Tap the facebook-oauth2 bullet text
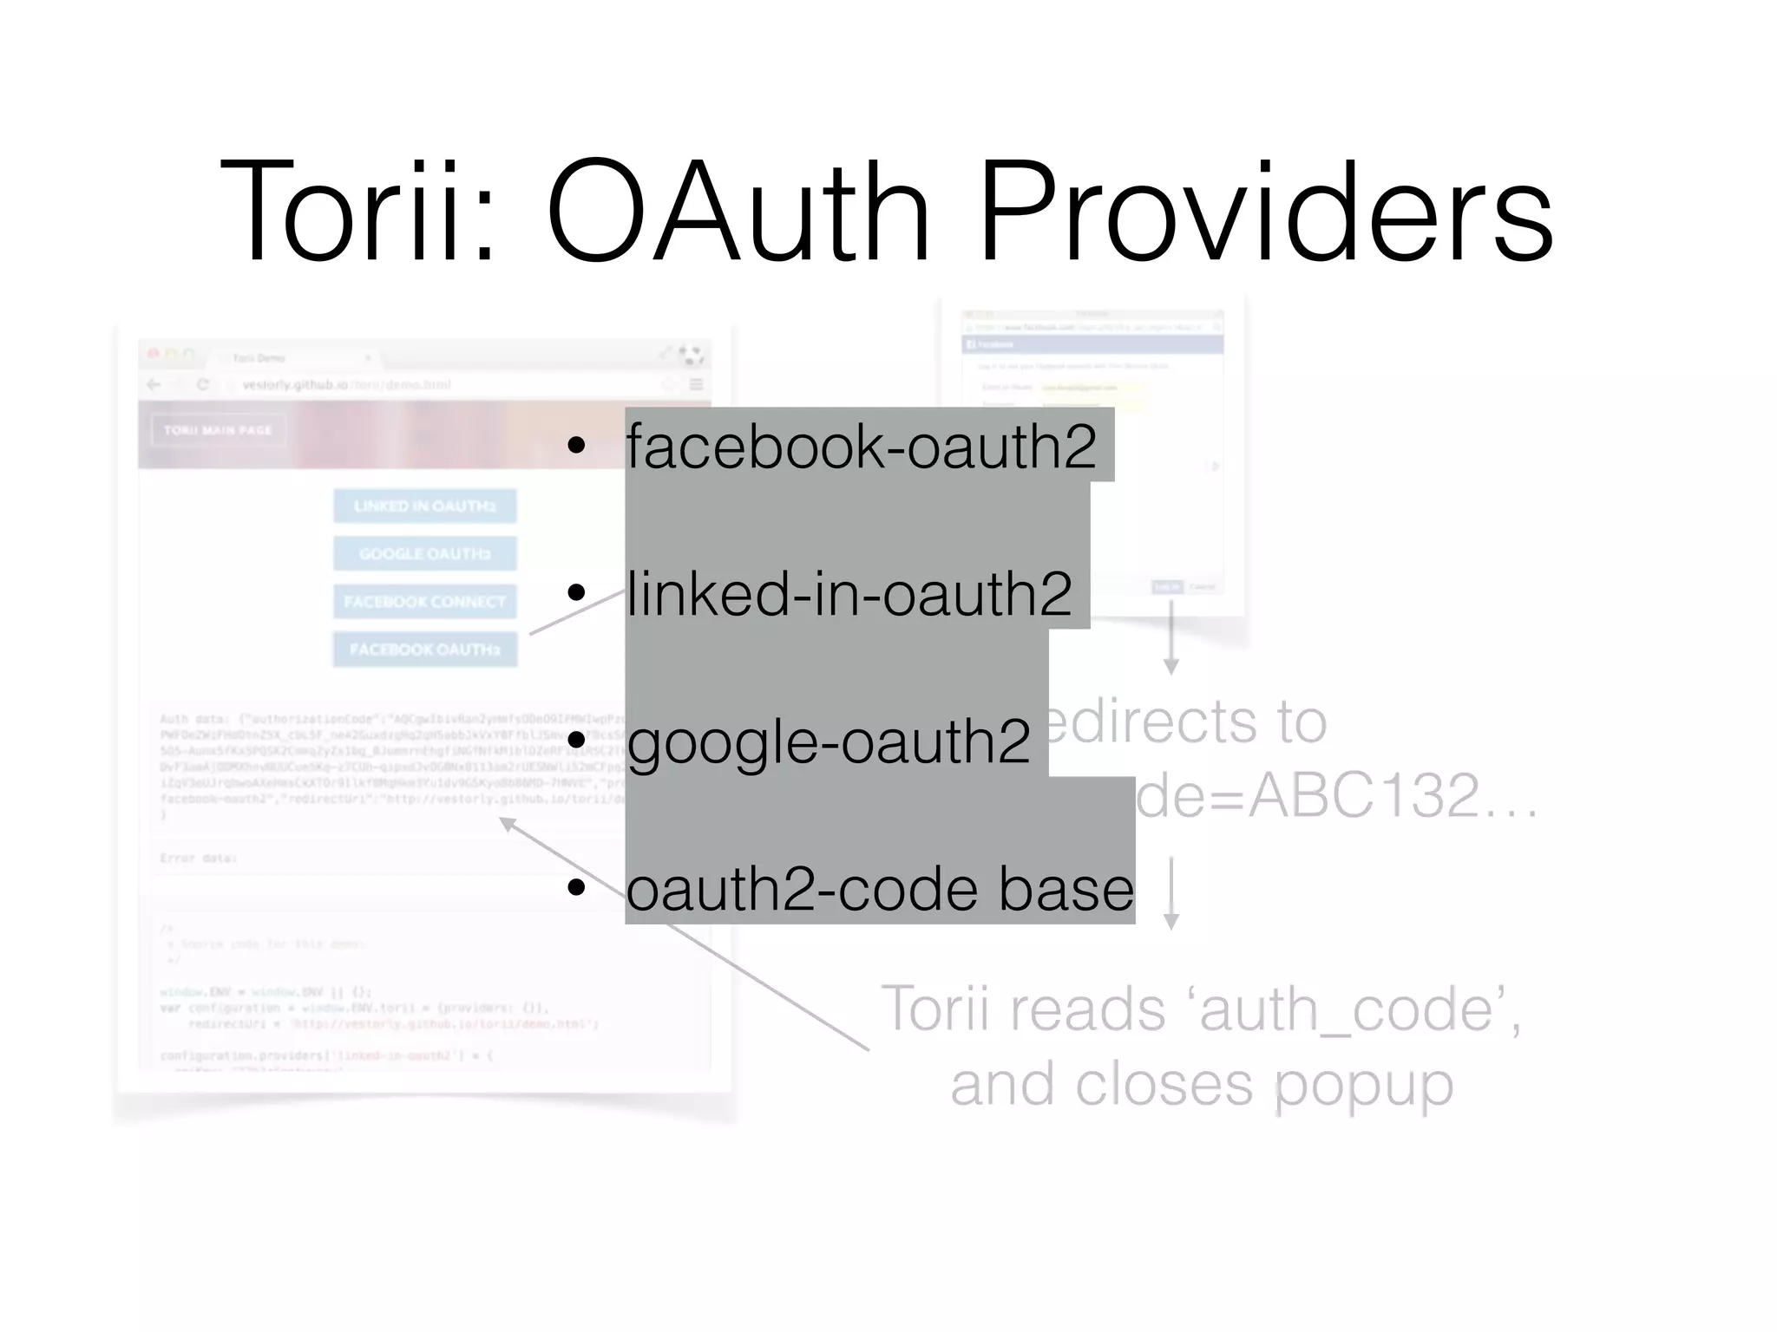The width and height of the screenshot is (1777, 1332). coord(861,447)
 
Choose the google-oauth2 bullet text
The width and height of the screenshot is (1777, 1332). coord(829,742)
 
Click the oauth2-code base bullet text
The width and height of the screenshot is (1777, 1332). coord(879,889)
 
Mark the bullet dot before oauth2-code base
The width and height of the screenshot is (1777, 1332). coord(576,889)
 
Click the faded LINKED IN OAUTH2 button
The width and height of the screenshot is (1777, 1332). coord(425,506)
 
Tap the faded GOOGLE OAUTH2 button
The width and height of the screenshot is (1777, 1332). coord(425,553)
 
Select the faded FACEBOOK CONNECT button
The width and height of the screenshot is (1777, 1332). coord(425,601)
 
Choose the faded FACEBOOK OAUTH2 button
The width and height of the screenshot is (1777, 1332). coord(425,650)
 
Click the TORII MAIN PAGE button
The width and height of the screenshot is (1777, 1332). coord(219,430)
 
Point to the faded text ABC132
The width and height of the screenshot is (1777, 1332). coord(1362,795)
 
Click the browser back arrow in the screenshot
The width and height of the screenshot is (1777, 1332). coord(154,385)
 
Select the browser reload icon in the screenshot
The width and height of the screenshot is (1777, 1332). coord(203,385)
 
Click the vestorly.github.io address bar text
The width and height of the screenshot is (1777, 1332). coord(295,385)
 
